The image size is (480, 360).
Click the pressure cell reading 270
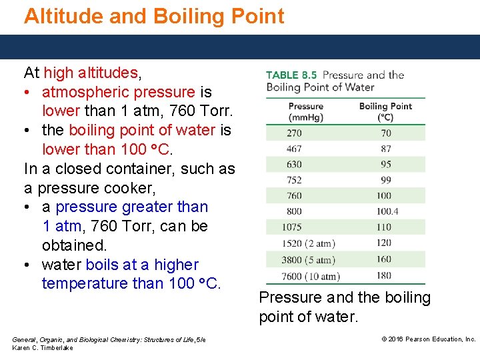click(x=294, y=133)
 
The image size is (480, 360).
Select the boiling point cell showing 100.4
click(x=387, y=211)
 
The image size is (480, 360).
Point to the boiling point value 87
click(x=386, y=149)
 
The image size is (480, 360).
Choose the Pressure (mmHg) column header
click(x=305, y=111)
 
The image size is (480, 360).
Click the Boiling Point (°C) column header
click(x=385, y=111)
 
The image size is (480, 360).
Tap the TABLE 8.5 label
click(x=291, y=75)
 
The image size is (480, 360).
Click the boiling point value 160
click(x=384, y=259)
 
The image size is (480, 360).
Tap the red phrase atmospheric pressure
click(x=118, y=91)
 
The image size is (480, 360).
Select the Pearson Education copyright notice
click(x=429, y=339)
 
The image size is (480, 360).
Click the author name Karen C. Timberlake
click(x=43, y=348)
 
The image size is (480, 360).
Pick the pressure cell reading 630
click(x=294, y=165)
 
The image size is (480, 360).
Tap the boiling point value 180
click(x=384, y=275)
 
